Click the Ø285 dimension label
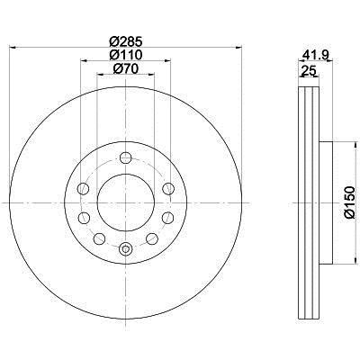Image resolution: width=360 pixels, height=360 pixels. point(125,41)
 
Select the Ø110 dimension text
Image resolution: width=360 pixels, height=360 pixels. point(125,55)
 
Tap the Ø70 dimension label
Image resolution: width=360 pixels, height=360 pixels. point(125,69)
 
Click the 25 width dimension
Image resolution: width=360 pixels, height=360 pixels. point(309,71)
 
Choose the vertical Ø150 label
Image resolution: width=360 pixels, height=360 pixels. point(349,202)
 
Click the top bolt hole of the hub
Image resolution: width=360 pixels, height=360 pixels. point(125,157)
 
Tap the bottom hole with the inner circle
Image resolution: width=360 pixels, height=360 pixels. point(125,248)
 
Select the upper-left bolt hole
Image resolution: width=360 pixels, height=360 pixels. point(83,189)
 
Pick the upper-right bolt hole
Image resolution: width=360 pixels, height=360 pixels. point(168,189)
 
